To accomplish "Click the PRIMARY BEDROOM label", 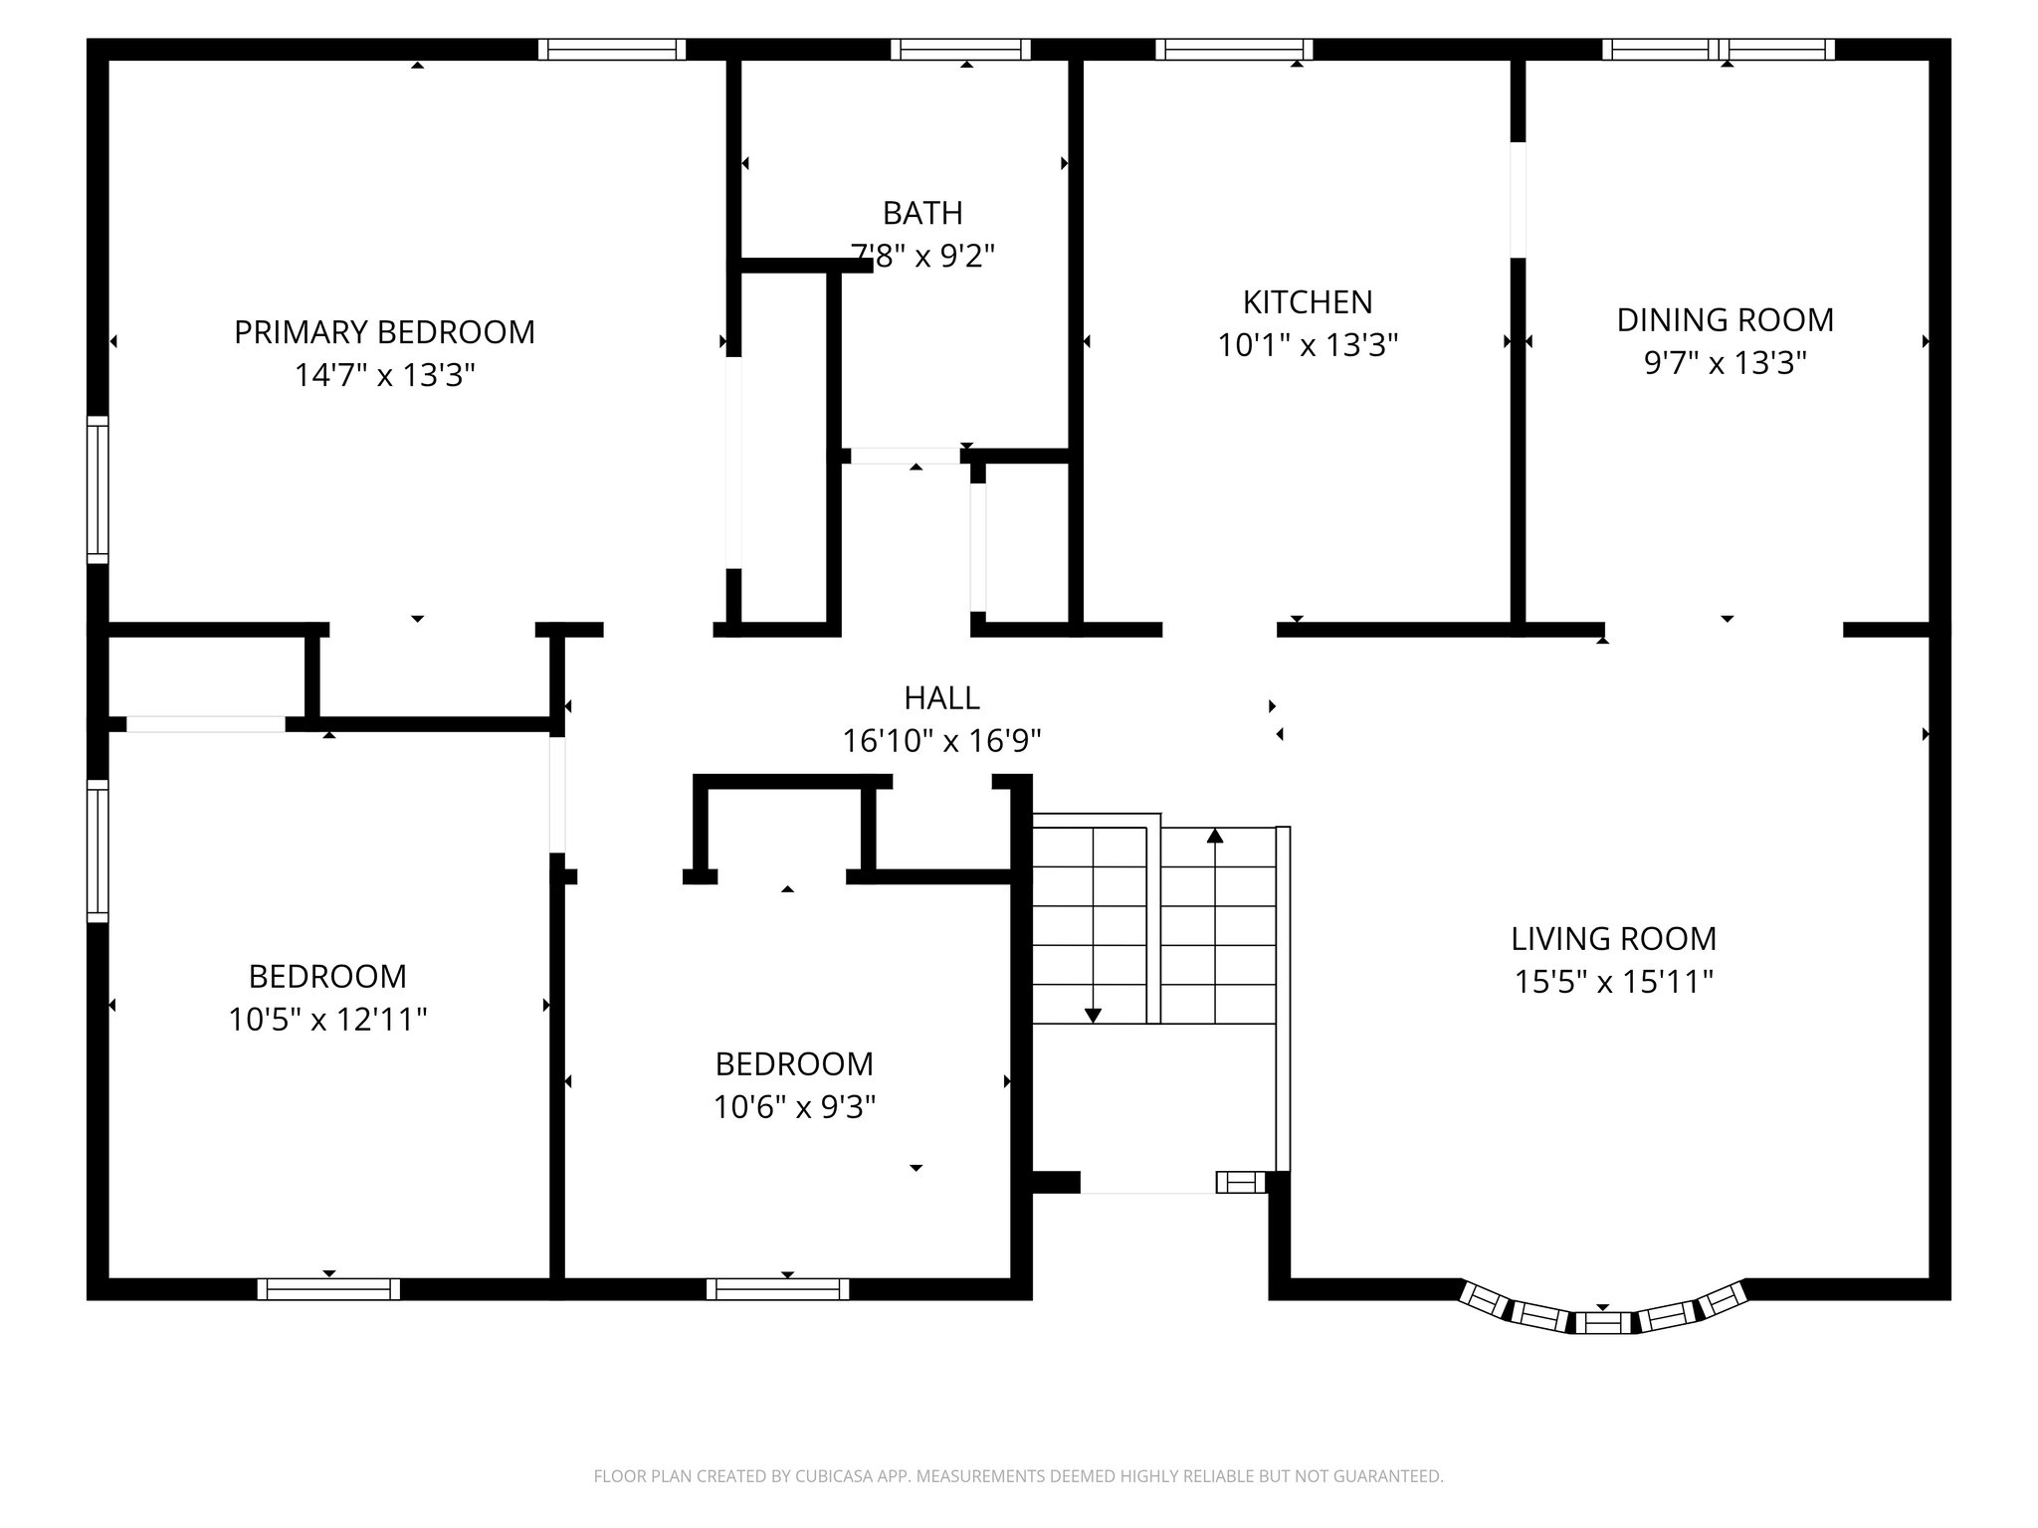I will point(384,332).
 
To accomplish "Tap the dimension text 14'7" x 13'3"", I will point(384,376).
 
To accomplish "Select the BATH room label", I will point(922,213).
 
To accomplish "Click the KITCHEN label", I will point(1308,301).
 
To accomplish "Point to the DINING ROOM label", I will point(1725,319).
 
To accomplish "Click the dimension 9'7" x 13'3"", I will point(1725,363).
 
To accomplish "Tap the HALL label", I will point(941,698).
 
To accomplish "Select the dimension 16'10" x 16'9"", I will point(941,741).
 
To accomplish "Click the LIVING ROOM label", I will point(1613,938).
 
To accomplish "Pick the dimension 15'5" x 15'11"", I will point(1613,983).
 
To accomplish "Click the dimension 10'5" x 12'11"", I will point(327,1020).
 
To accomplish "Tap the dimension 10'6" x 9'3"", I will point(794,1107).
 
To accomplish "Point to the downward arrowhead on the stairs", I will point(1093,1016).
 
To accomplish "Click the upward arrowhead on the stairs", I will point(1214,836).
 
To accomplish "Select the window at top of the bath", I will point(960,49).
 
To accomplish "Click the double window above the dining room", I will point(1719,49).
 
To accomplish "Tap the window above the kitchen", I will point(1234,49).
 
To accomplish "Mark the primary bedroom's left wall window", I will point(98,489).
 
